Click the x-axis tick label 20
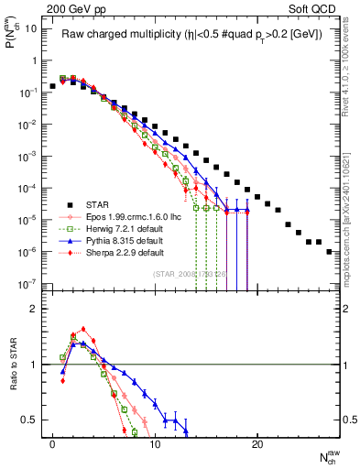(x=257, y=443)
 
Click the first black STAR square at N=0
(x=53, y=85)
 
